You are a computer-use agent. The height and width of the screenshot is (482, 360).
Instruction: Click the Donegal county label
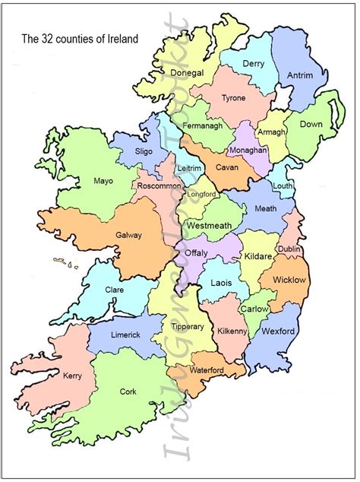pos(188,73)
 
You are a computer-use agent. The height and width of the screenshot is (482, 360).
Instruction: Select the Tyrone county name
pos(232,99)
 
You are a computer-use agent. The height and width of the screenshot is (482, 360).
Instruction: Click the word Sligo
pos(144,151)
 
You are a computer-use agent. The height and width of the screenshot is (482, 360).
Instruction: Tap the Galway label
pos(128,235)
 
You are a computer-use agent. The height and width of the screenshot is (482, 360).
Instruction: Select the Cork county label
pos(128,392)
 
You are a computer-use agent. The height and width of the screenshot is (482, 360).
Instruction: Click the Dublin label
pos(289,249)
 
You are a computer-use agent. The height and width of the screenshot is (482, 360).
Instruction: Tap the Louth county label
pos(283,186)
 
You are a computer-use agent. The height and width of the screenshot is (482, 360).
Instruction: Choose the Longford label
pos(201,194)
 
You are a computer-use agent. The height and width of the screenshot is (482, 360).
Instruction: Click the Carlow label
pos(254,309)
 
